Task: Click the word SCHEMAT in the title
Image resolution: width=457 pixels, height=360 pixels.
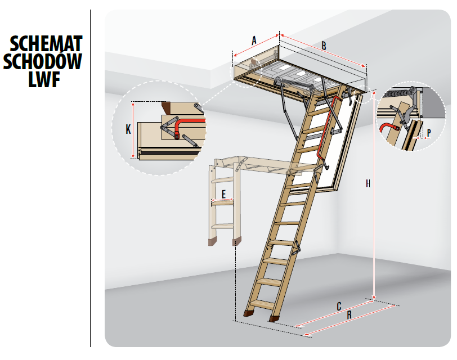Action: [46, 44]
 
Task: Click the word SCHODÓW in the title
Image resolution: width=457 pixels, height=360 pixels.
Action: [43, 61]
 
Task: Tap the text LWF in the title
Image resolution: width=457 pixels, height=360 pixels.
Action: [44, 79]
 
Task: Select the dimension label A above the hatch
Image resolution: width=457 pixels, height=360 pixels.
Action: [254, 40]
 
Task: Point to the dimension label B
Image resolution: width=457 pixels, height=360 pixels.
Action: [324, 46]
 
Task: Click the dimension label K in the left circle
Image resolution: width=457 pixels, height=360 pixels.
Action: [128, 129]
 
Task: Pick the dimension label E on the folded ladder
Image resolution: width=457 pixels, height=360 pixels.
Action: [223, 194]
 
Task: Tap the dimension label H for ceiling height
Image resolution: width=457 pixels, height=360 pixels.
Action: [368, 183]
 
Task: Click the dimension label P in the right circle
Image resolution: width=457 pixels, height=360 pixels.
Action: [429, 133]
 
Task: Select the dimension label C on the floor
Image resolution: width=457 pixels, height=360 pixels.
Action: [339, 307]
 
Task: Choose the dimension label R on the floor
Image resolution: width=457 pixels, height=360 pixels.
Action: [349, 315]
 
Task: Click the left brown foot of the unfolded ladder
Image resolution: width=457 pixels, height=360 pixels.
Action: [249, 313]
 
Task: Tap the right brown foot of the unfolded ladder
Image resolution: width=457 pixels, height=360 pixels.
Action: [274, 318]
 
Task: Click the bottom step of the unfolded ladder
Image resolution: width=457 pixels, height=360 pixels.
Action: [262, 305]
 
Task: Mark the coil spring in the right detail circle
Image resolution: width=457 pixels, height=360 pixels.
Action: [398, 93]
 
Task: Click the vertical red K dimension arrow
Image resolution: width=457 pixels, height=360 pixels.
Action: [133, 130]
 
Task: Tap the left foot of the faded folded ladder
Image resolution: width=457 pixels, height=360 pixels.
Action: [213, 242]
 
